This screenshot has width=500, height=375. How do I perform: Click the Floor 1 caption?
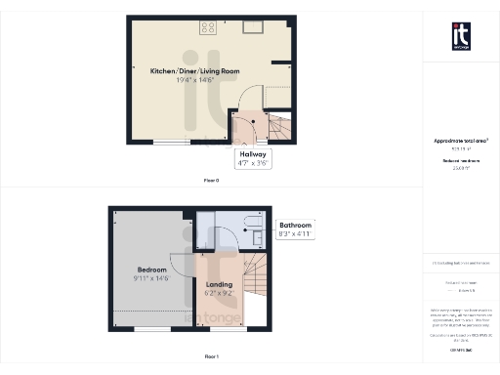click(211, 357)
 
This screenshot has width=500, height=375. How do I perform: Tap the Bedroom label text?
click(151, 269)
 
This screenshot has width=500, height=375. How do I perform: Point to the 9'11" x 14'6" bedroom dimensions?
click(151, 277)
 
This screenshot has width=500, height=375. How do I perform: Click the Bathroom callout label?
click(297, 226)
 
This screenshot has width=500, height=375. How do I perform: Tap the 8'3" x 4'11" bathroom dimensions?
click(297, 235)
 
